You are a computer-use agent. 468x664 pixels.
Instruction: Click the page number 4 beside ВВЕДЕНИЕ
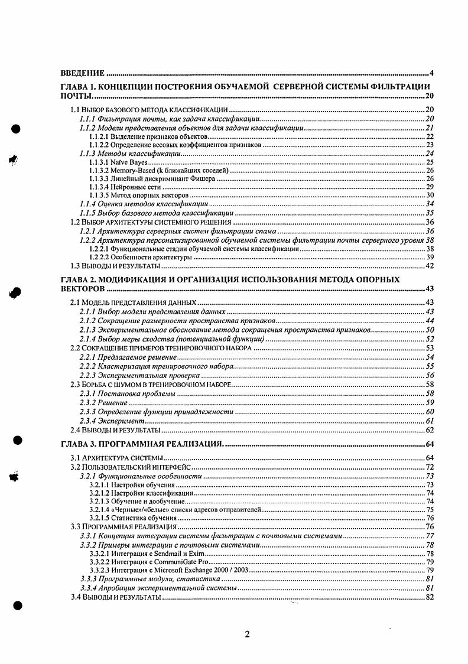point(432,74)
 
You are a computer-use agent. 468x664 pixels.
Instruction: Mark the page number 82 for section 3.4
point(430,597)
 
